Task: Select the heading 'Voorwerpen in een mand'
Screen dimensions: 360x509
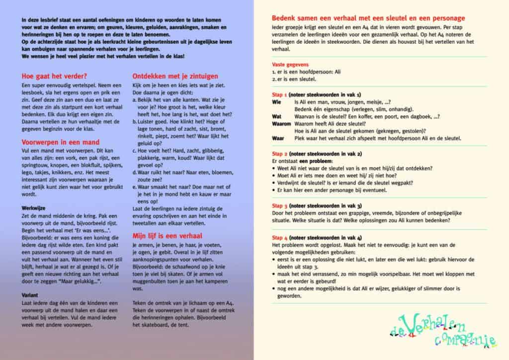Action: coord(61,142)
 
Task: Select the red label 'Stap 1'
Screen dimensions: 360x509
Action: coord(280,94)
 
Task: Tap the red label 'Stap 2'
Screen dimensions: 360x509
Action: coord(280,154)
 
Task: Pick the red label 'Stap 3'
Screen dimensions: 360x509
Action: coord(280,205)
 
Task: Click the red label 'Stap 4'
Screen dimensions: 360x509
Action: coord(280,237)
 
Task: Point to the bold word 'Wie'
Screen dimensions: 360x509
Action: coord(276,101)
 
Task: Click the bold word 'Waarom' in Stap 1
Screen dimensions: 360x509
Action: coord(282,123)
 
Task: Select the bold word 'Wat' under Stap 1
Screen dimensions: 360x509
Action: coord(277,116)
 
